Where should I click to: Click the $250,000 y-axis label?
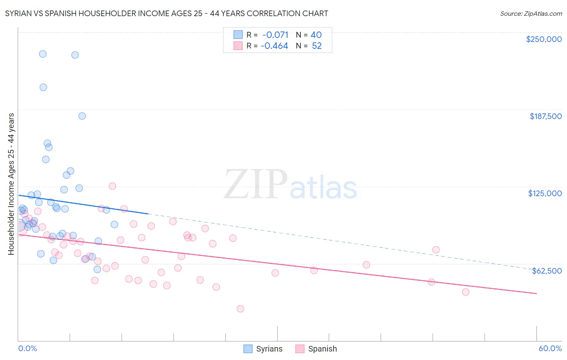pos(544,39)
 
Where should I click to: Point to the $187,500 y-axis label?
pos(545,116)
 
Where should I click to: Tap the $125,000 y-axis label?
pos(545,193)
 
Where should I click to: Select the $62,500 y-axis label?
pos(546,271)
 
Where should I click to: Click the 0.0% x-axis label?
pos(27,349)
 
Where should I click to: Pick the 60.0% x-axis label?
pos(550,349)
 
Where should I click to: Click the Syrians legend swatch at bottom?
pos(248,349)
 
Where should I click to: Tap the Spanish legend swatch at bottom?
pos(300,349)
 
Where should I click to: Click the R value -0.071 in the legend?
pos(275,35)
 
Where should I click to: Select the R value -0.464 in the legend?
pos(274,46)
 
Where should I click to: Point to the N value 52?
pos(317,46)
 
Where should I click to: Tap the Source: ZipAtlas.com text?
pos(531,14)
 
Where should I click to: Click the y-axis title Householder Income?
pos(11,184)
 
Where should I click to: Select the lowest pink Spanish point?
pos(240,309)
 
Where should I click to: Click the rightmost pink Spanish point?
pos(466,292)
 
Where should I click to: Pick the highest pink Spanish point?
pos(113,186)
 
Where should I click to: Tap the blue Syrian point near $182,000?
pos(82,116)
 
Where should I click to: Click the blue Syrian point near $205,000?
pos(43,87)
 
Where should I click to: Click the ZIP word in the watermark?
pos(255,185)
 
